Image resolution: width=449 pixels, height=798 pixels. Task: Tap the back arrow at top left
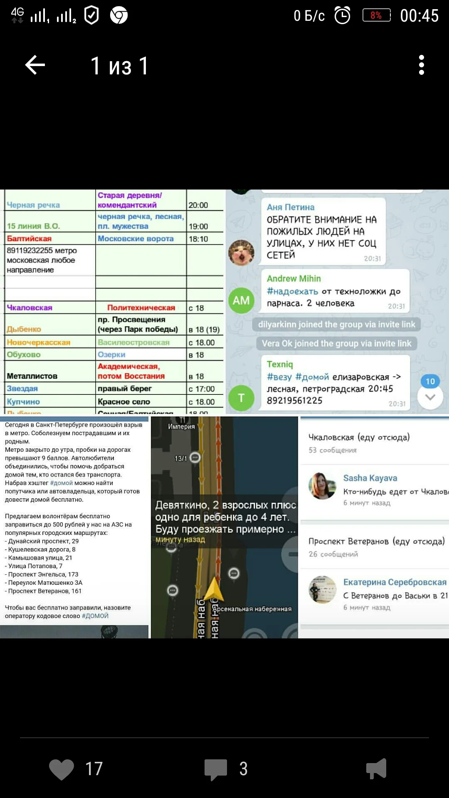click(35, 65)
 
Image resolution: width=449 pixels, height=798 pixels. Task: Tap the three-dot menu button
click(422, 65)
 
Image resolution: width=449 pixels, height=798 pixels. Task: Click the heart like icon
click(62, 769)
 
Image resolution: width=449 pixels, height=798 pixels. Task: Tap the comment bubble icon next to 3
click(216, 769)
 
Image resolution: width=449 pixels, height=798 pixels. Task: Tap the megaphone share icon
click(377, 769)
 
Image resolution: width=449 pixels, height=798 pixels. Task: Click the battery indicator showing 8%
click(376, 15)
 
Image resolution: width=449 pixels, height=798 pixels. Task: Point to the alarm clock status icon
click(343, 16)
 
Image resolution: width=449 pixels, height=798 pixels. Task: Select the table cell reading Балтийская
click(29, 239)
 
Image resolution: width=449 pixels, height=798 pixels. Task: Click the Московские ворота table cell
click(136, 239)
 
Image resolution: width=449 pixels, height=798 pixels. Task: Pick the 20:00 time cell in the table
click(198, 205)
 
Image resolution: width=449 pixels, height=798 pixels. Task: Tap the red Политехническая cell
click(141, 308)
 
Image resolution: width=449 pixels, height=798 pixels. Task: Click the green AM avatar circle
click(241, 300)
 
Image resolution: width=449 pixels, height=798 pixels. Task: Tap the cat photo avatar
click(241, 252)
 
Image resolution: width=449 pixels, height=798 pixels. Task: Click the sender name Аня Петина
click(291, 207)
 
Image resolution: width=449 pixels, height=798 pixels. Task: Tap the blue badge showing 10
click(430, 381)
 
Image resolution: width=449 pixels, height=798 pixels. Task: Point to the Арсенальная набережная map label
click(252, 609)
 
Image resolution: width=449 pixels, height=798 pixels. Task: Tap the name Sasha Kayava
click(370, 478)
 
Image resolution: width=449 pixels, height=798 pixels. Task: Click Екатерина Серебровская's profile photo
click(322, 589)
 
